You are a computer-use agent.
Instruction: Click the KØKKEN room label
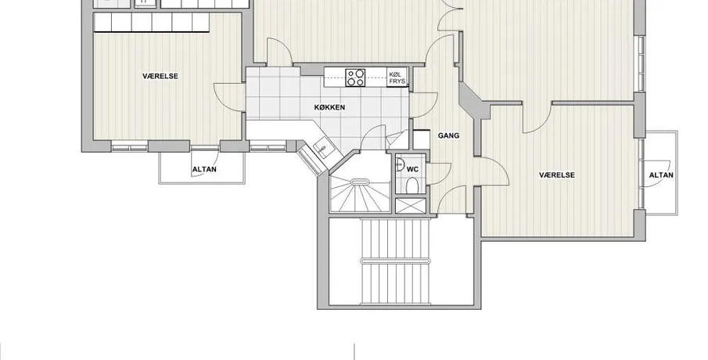329,107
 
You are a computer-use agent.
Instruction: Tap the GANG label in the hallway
449,135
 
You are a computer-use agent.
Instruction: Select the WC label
413,169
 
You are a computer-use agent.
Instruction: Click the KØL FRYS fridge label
397,77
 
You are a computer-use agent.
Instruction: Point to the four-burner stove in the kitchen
355,77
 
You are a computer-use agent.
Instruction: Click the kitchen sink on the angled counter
324,148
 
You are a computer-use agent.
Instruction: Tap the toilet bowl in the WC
412,185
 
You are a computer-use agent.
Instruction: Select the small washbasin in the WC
399,165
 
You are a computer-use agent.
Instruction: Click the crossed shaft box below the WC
411,206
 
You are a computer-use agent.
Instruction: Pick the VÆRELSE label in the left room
160,77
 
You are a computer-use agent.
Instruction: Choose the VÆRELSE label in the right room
557,175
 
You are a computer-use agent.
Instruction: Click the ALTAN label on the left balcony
204,170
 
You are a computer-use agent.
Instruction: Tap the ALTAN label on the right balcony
661,175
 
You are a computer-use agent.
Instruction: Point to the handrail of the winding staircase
360,182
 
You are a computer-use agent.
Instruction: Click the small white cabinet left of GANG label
421,139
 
